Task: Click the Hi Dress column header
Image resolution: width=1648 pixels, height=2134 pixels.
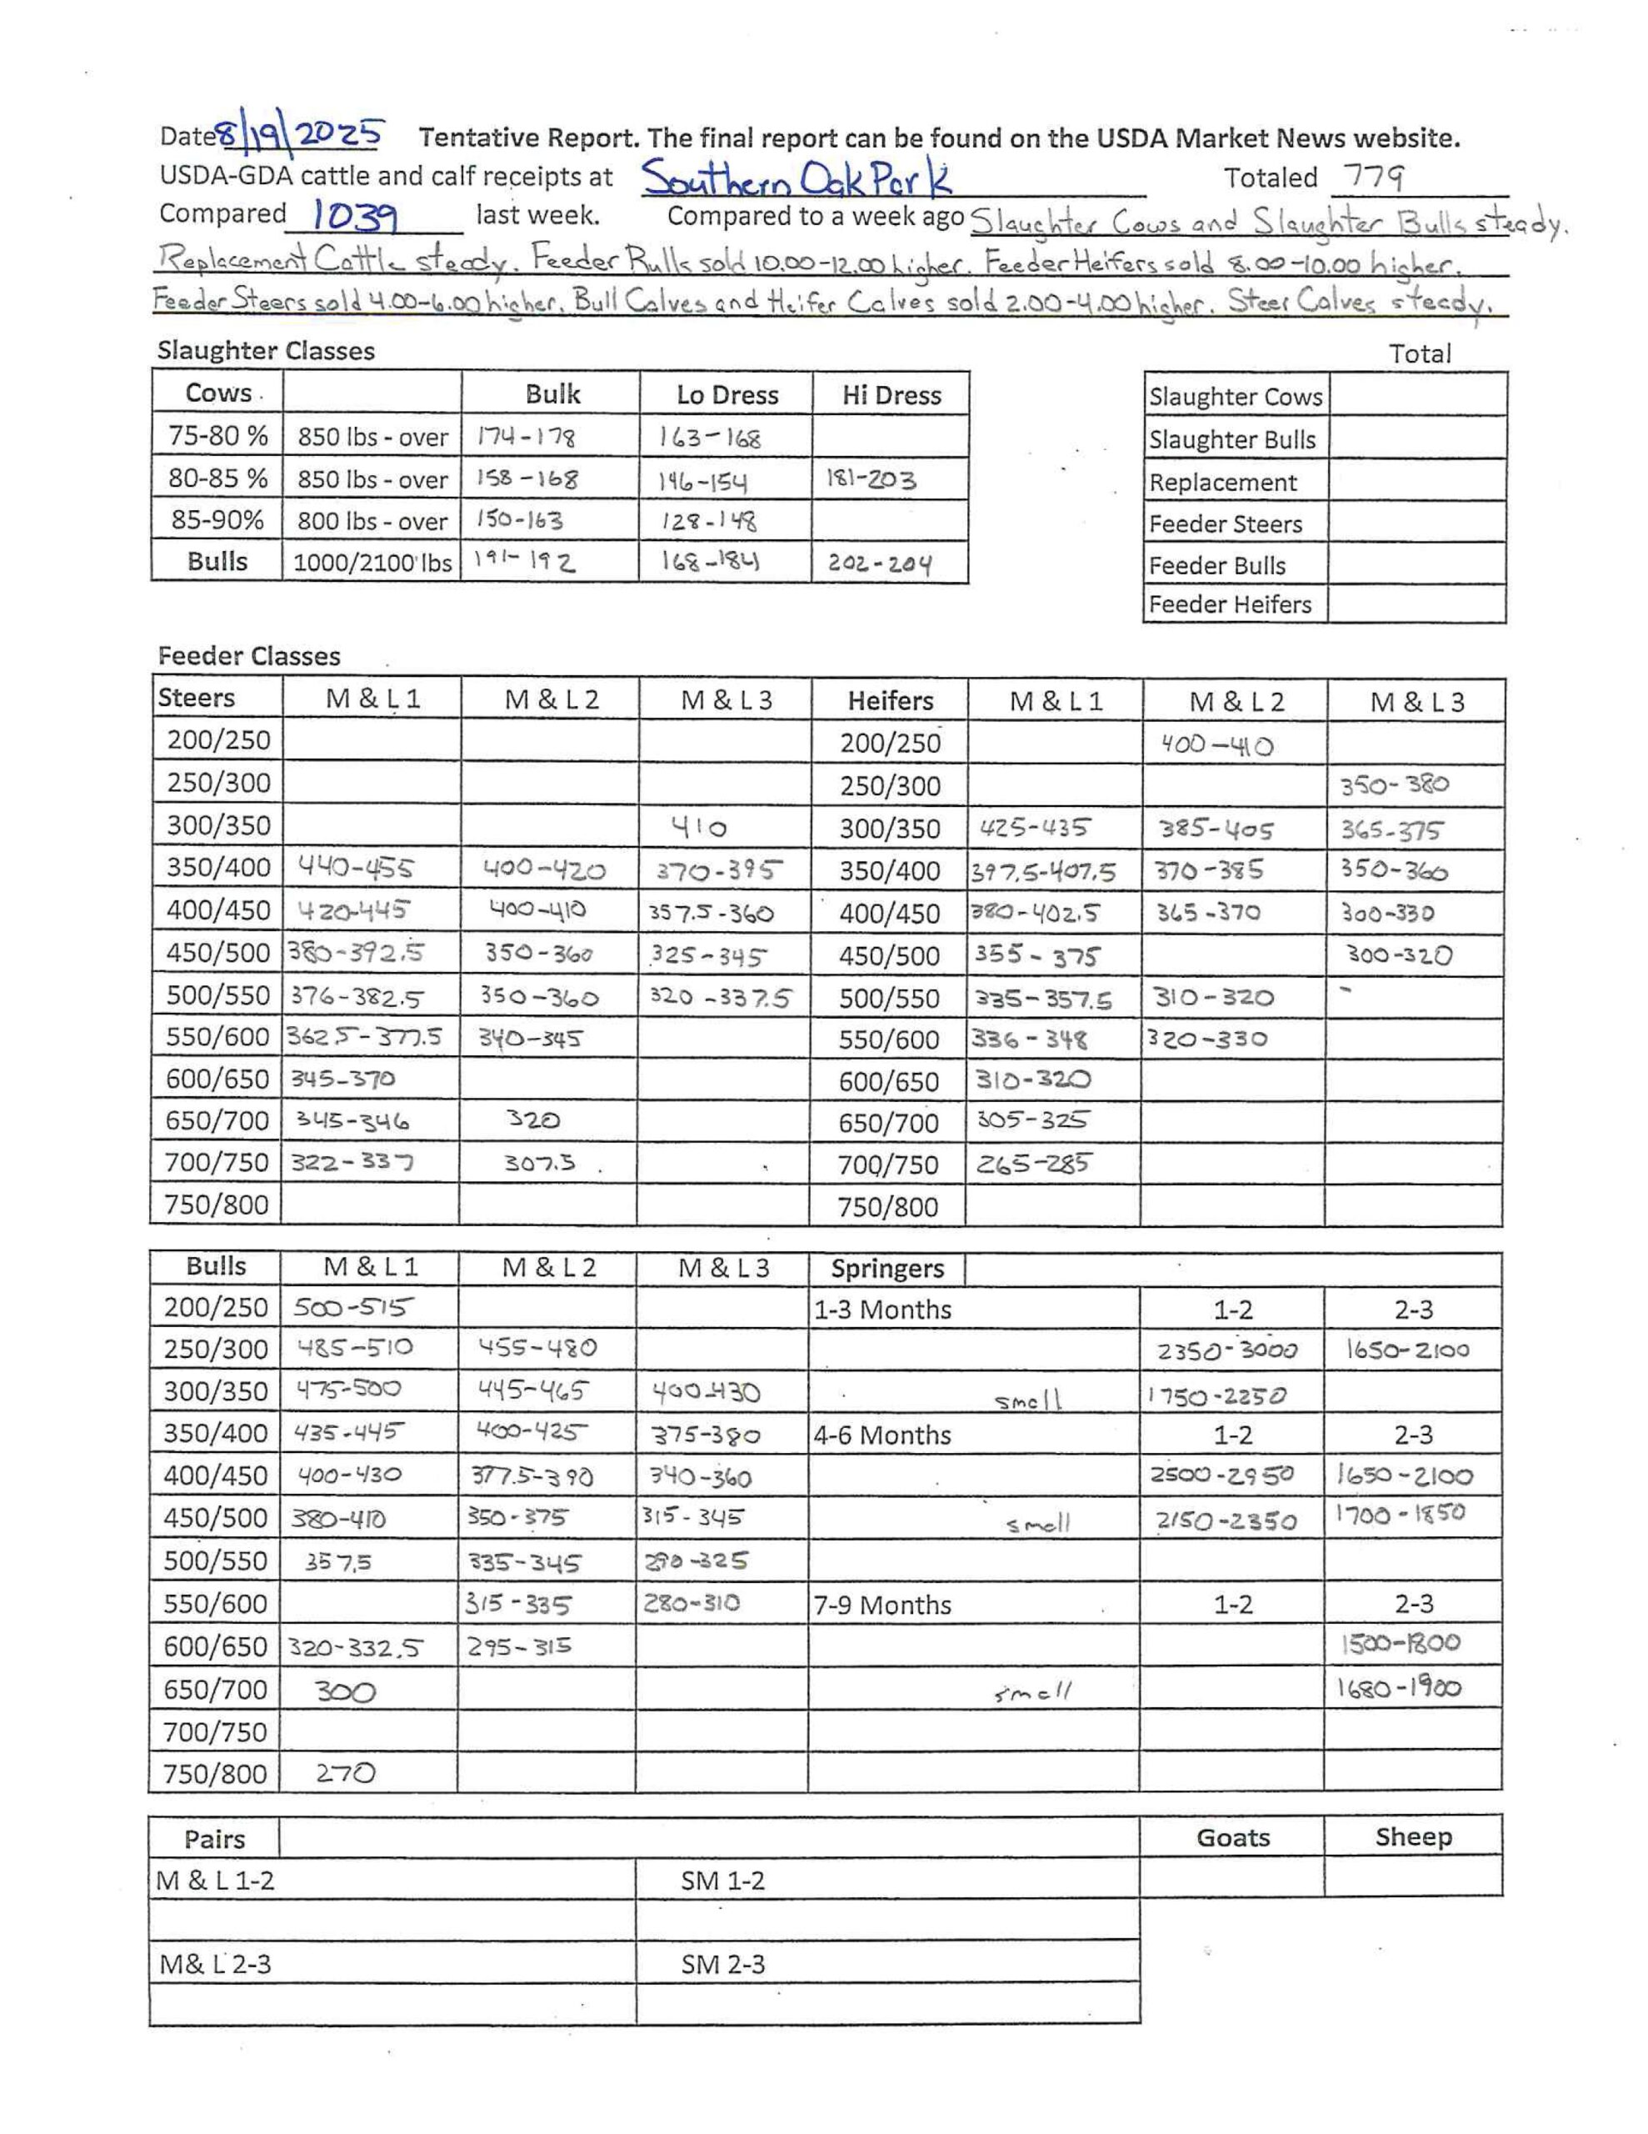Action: tap(891, 395)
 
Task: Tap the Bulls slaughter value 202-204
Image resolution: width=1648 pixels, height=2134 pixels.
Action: tap(879, 564)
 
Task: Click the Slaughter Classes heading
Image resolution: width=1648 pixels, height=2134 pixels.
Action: tap(266, 351)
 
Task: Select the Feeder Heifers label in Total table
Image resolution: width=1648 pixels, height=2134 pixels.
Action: tap(1230, 605)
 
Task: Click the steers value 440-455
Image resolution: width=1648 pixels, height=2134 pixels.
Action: tap(356, 867)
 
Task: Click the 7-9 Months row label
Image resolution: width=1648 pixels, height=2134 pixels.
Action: tap(882, 1605)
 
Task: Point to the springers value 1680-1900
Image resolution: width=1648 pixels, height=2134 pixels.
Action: tap(1399, 1687)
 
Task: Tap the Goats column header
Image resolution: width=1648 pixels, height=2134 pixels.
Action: tap(1232, 1837)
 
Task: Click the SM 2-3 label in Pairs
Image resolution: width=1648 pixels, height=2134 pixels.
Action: tap(723, 1964)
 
